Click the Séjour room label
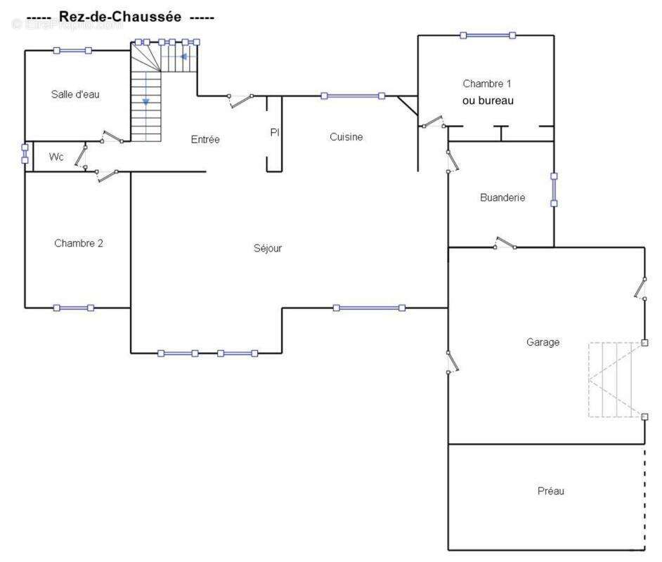pos(267,248)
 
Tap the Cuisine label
pos(346,137)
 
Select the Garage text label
pos(543,342)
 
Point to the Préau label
pos(551,491)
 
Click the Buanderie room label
pos(502,198)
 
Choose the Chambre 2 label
pos(79,244)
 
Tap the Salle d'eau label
pos(76,94)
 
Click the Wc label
pos(56,157)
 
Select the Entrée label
pos(205,140)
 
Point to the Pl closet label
pos(275,132)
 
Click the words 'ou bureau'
pos(488,100)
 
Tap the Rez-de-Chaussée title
pos(119,16)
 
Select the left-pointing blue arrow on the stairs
pos(183,56)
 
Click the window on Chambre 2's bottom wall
pos(74,308)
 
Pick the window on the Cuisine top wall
pos(352,96)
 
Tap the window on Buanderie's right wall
pos(554,190)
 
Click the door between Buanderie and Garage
pos(505,244)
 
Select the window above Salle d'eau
pos(72,50)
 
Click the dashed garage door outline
pos(615,380)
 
